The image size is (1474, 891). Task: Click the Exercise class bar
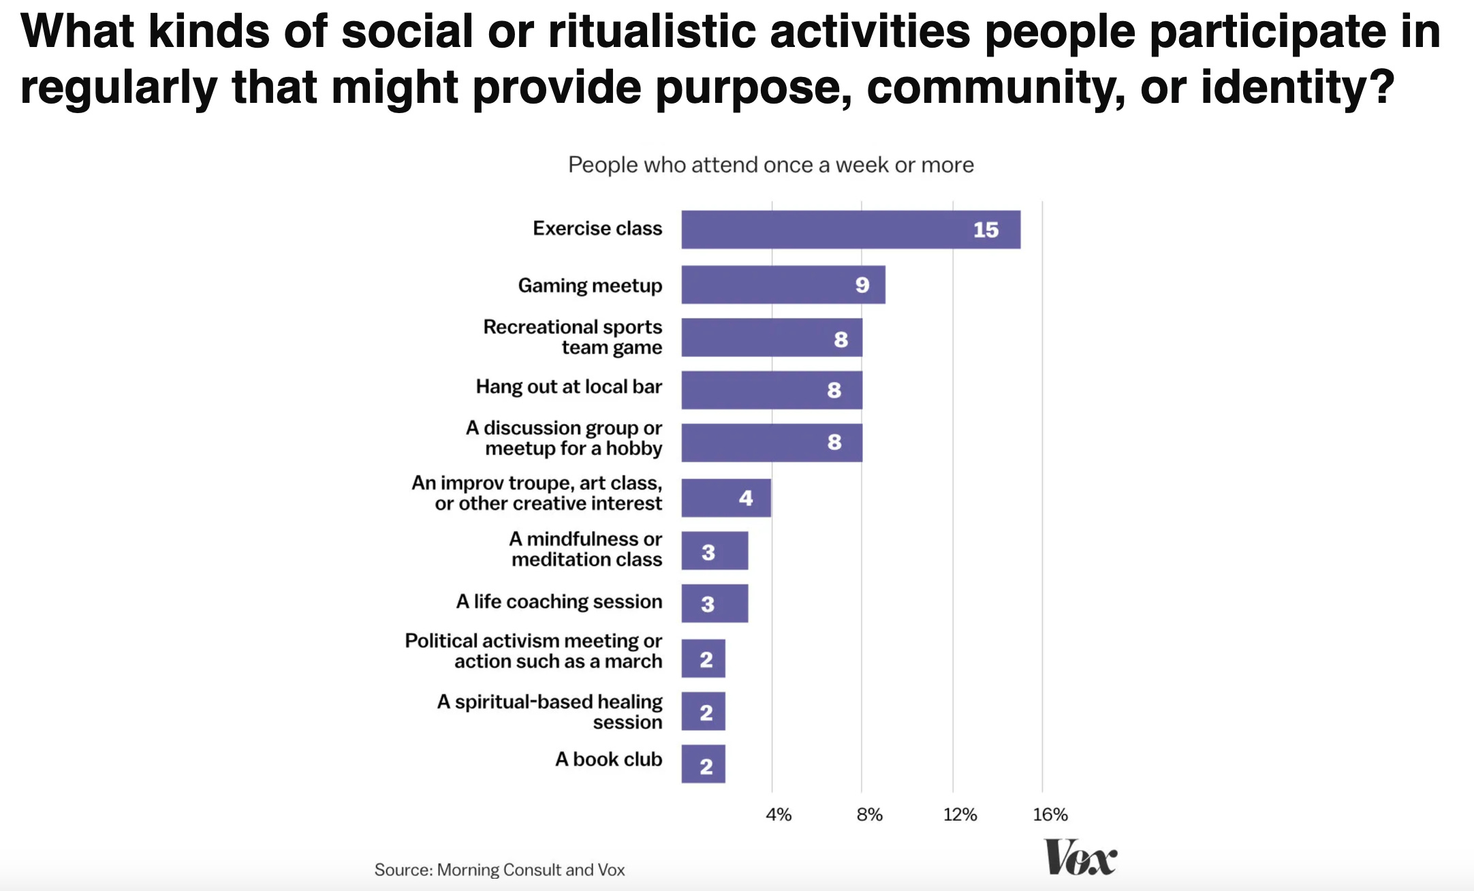pyautogui.click(x=850, y=230)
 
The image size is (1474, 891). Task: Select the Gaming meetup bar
pyautogui.click(x=783, y=285)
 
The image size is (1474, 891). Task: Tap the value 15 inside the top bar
pyautogui.click(x=986, y=230)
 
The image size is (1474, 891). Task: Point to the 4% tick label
pyautogui.click(x=779, y=814)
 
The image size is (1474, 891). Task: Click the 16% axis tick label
pyautogui.click(x=1050, y=814)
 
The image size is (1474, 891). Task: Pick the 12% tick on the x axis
pyautogui.click(x=960, y=814)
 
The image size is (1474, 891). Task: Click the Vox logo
pyautogui.click(x=1080, y=858)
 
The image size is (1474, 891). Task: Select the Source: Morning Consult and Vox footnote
pyautogui.click(x=499, y=870)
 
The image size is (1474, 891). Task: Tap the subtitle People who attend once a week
pyautogui.click(x=771, y=165)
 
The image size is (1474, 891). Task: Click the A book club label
pyautogui.click(x=608, y=759)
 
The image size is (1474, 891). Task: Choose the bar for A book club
pyautogui.click(x=703, y=764)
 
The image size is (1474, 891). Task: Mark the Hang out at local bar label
pyautogui.click(x=569, y=387)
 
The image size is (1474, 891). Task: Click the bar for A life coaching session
pyautogui.click(x=715, y=604)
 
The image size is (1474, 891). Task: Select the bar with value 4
pyautogui.click(x=726, y=498)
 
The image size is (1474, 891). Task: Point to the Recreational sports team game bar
pyautogui.click(x=772, y=337)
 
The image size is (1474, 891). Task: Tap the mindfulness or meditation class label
pyautogui.click(x=586, y=549)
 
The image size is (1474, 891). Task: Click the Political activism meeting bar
pyautogui.click(x=703, y=658)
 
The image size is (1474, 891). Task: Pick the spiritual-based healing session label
pyautogui.click(x=550, y=712)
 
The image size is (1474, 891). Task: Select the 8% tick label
pyautogui.click(x=869, y=814)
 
